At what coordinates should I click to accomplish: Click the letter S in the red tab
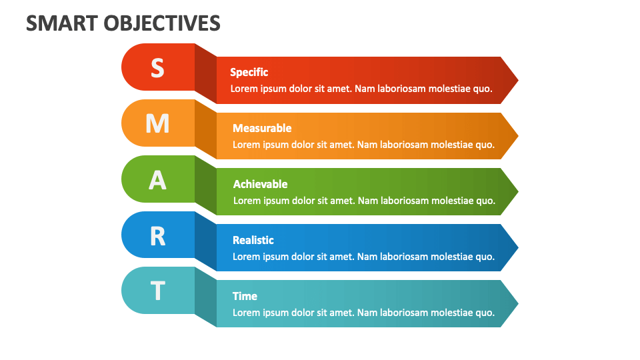[x=157, y=67]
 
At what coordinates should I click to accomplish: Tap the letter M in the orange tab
[x=157, y=123]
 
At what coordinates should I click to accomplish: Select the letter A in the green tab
[x=157, y=179]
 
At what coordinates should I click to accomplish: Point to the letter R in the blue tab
[x=157, y=235]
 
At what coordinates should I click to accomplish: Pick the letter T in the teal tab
[x=157, y=291]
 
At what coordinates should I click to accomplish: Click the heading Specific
[x=249, y=72]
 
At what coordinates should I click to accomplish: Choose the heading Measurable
[x=262, y=128]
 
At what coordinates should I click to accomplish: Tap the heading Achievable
[x=260, y=184]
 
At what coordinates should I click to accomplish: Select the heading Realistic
[x=253, y=240]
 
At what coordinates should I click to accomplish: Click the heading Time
[x=245, y=296]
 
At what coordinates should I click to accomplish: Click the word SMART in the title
[x=62, y=23]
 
